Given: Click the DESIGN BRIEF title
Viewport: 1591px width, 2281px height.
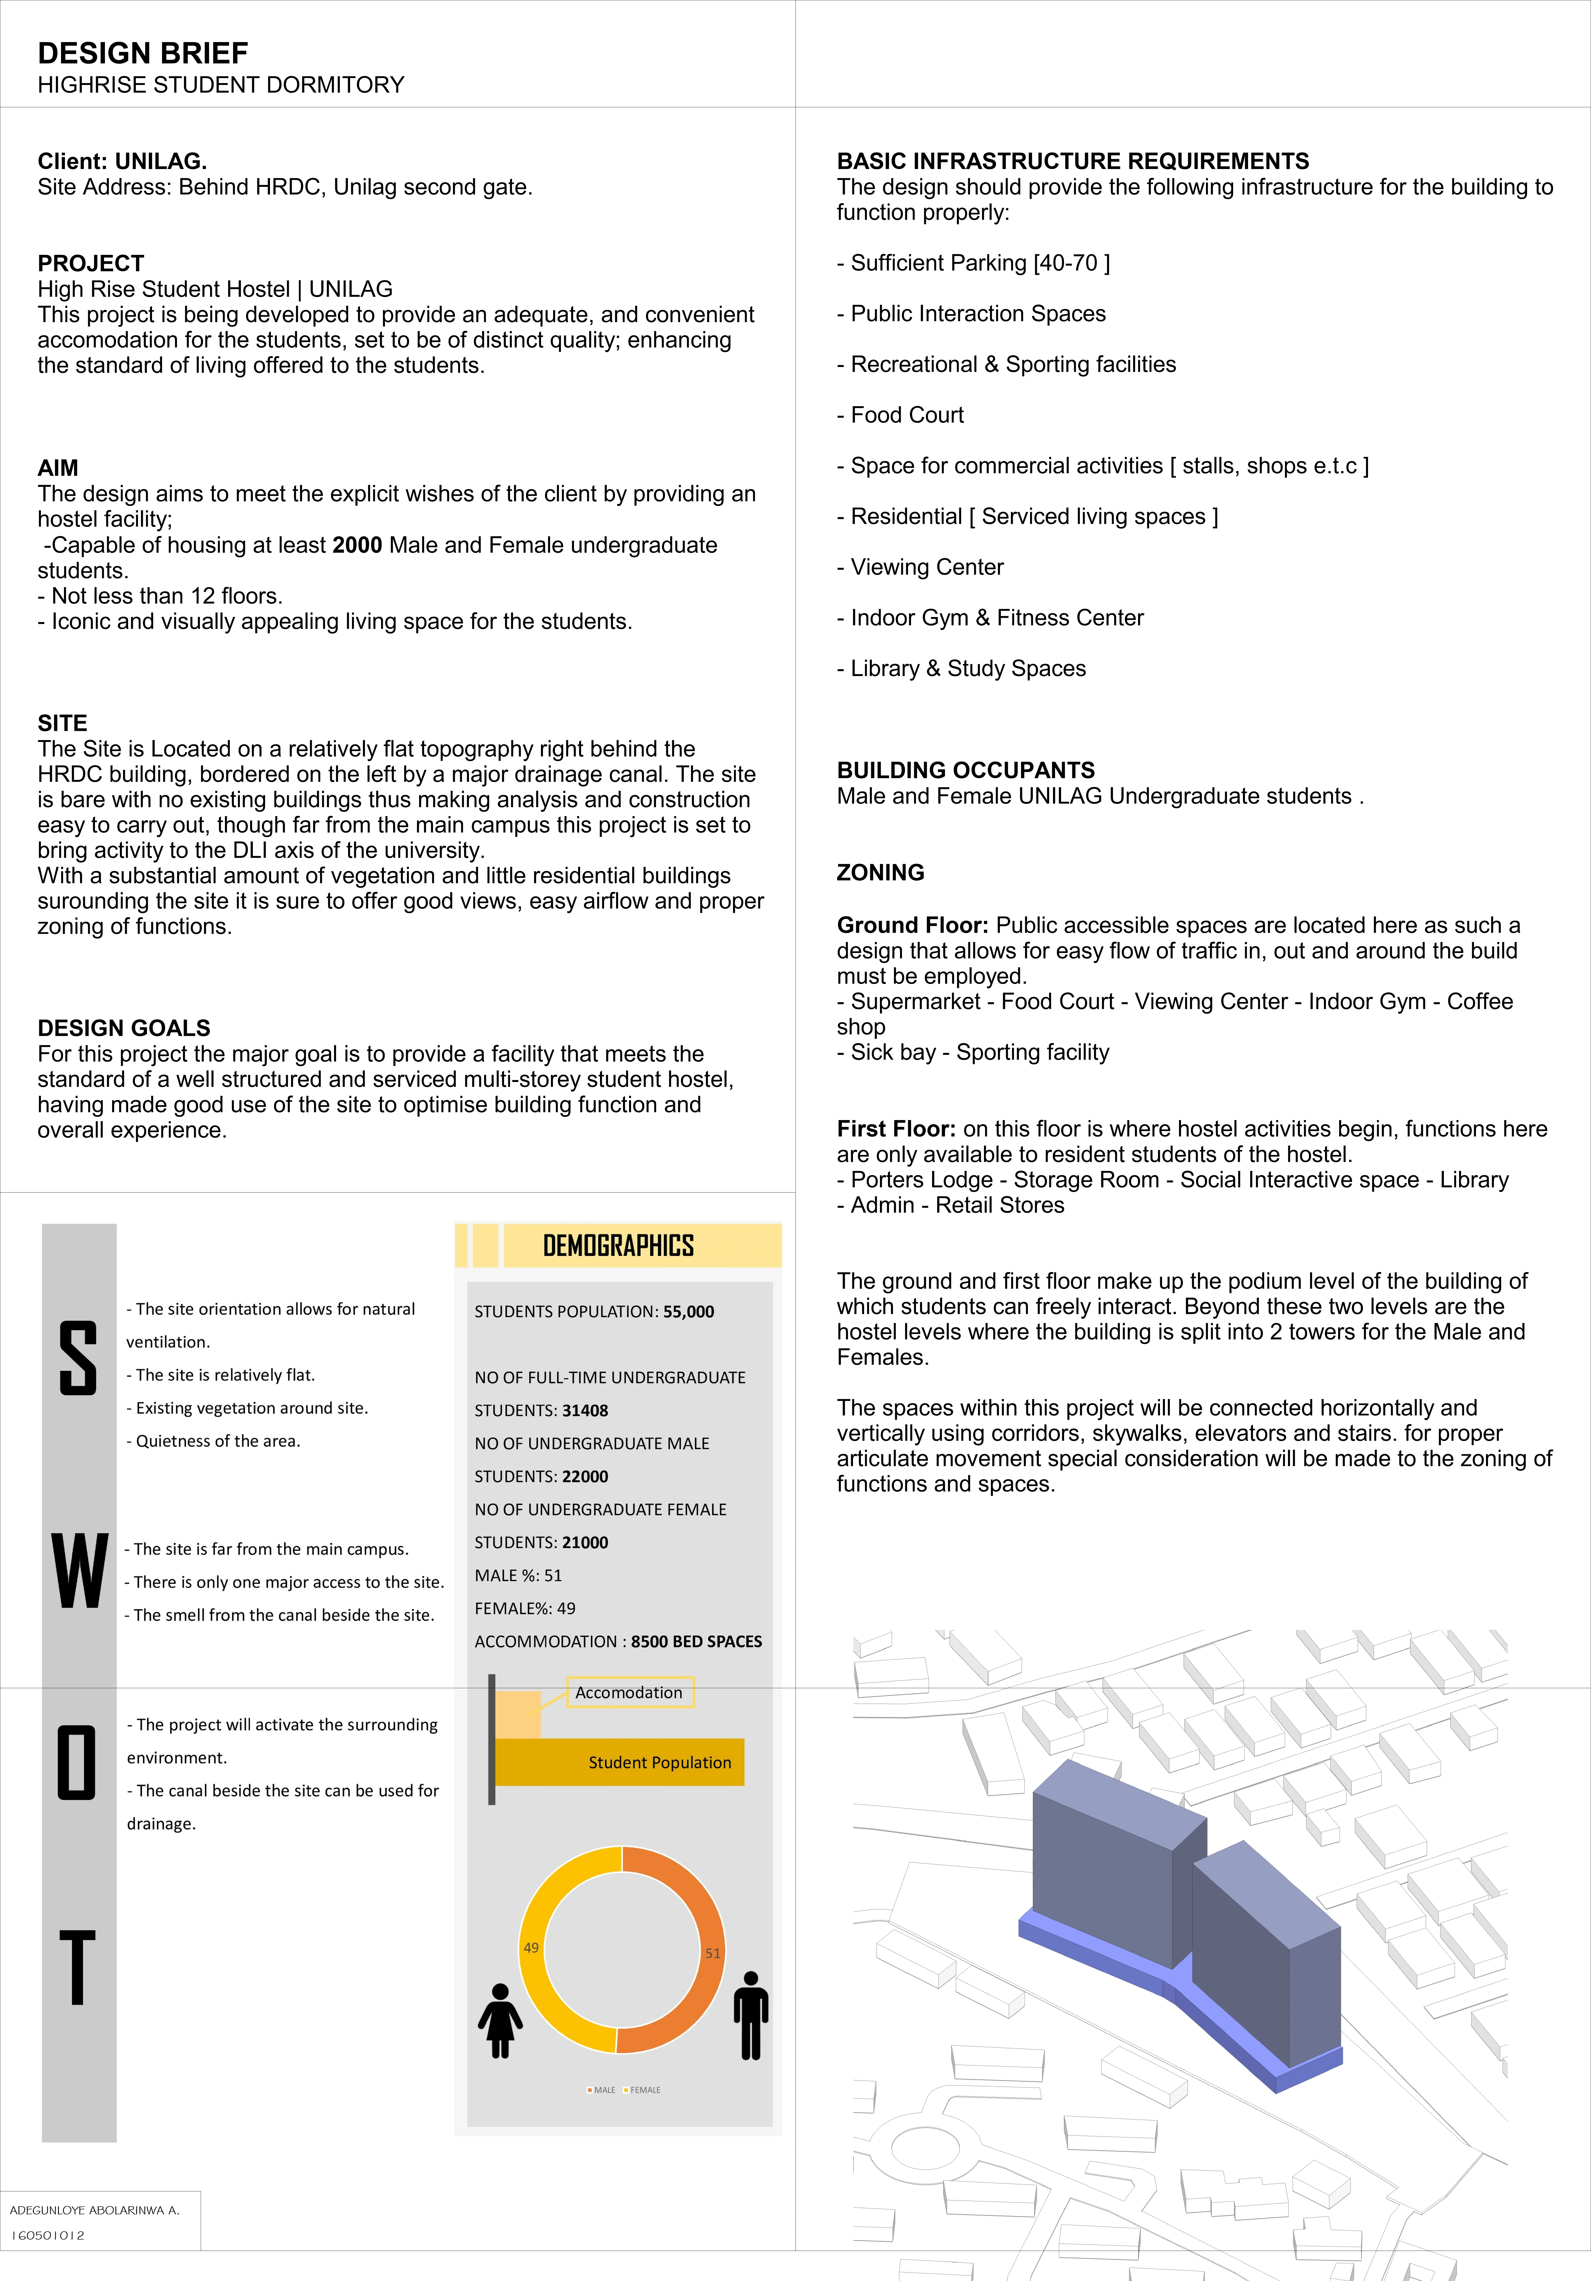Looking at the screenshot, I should coord(143,54).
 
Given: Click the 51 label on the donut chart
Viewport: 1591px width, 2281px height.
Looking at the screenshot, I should coord(712,1953).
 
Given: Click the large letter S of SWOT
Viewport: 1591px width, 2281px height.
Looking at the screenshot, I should coord(79,1358).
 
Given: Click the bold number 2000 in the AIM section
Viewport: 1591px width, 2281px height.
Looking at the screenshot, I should coord(358,545).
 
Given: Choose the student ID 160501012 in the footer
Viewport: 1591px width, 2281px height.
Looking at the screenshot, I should coord(48,2235).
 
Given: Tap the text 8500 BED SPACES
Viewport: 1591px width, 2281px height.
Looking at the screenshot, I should coord(696,1641).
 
